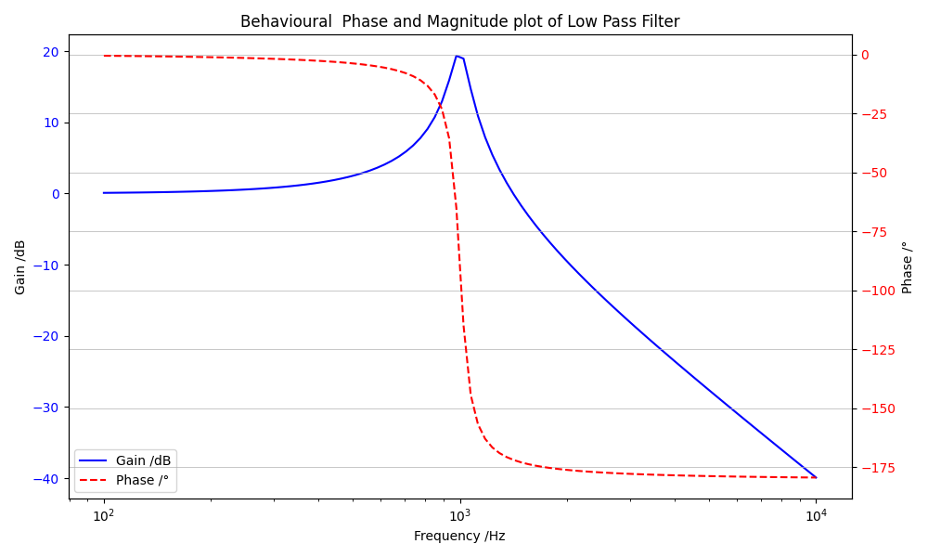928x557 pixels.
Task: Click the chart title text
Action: [x=459, y=21]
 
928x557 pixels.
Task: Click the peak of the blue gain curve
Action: [x=456, y=56]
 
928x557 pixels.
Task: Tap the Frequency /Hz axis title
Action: [x=459, y=536]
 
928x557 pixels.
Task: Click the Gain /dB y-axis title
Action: [x=20, y=266]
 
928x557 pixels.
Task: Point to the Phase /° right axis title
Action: [x=908, y=266]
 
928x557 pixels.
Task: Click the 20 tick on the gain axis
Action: [x=51, y=52]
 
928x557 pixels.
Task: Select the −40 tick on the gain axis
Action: [x=46, y=479]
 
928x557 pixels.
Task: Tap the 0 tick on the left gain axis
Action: [x=56, y=194]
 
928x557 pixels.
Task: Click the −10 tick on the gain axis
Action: [x=46, y=266]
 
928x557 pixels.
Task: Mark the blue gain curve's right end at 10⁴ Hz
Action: [x=816, y=477]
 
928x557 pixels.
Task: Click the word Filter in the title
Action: [x=660, y=21]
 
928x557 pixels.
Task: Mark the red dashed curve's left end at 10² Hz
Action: [x=104, y=56]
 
